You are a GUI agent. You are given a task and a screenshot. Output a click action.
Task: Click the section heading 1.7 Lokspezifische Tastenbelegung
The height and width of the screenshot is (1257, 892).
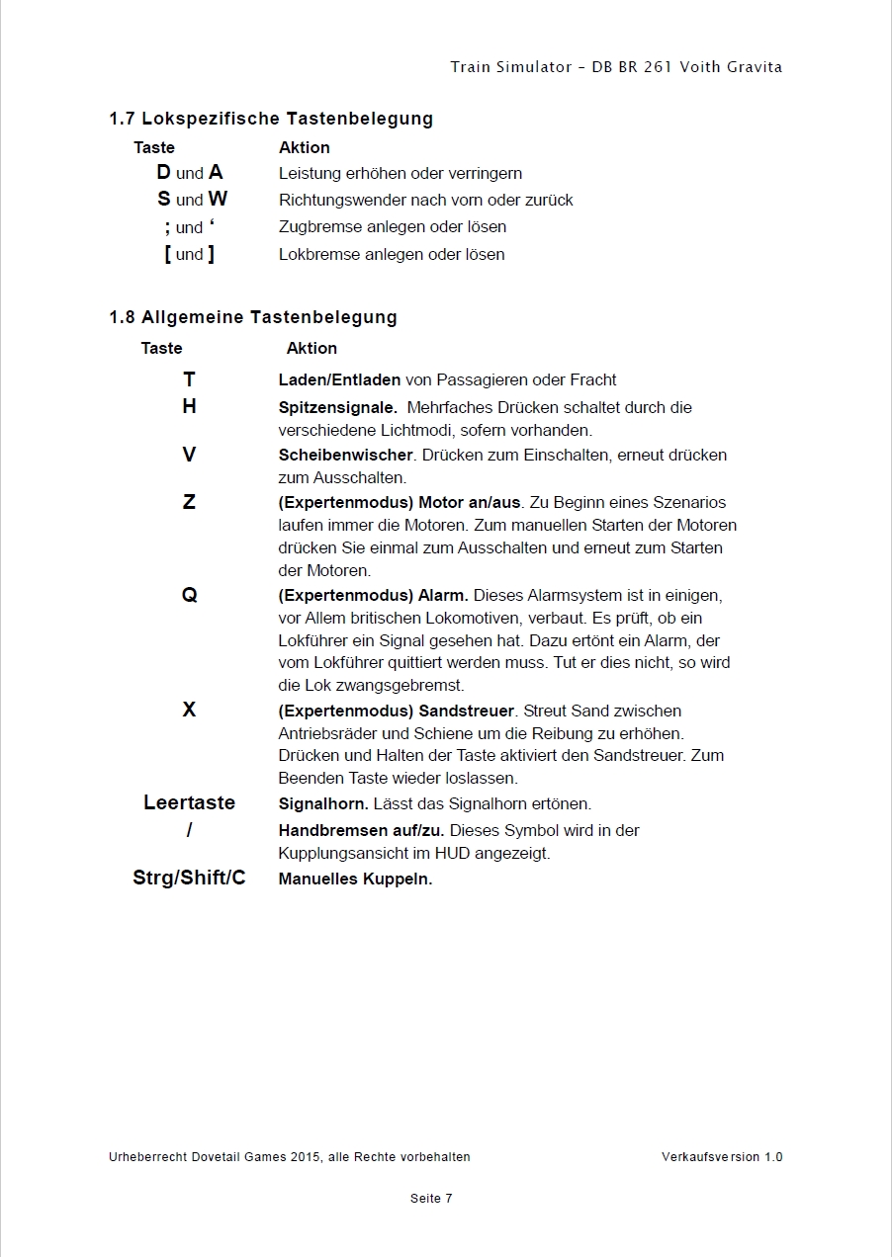(270, 119)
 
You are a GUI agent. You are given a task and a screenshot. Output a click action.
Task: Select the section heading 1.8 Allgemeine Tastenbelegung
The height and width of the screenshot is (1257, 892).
(252, 317)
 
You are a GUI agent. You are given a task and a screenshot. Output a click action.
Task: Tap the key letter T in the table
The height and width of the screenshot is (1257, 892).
(189, 379)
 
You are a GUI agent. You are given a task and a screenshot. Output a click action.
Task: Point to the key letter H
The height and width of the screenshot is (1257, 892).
(189, 406)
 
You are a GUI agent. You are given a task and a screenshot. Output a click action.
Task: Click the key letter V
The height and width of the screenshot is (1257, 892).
(189, 455)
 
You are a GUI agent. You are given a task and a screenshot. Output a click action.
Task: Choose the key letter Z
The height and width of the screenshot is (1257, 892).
(189, 502)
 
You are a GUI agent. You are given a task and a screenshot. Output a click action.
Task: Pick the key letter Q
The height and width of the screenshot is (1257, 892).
(189, 595)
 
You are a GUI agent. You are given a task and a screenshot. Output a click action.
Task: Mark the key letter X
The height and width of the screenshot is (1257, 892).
(189, 710)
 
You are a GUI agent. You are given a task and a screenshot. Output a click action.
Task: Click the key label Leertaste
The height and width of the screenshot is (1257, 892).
(189, 802)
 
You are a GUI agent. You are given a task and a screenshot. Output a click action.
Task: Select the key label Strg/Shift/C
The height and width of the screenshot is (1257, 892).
(189, 878)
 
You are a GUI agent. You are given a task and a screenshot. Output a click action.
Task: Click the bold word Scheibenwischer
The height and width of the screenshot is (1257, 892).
(345, 455)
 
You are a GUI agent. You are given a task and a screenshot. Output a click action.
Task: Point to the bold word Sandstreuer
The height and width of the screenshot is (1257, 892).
(467, 711)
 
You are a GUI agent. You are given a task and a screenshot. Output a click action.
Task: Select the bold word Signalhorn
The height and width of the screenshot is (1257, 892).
(323, 803)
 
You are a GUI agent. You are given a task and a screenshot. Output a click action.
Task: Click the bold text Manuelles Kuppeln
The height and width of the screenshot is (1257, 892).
(355, 879)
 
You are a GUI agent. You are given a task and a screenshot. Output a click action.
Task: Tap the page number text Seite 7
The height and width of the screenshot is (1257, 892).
(431, 1199)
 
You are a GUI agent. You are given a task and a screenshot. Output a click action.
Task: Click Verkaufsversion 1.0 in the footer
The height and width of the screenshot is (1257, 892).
(722, 1157)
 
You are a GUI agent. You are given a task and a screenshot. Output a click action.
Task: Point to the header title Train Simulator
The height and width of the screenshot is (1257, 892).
(511, 67)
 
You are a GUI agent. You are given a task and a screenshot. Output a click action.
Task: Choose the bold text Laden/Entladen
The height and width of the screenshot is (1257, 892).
(339, 379)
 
